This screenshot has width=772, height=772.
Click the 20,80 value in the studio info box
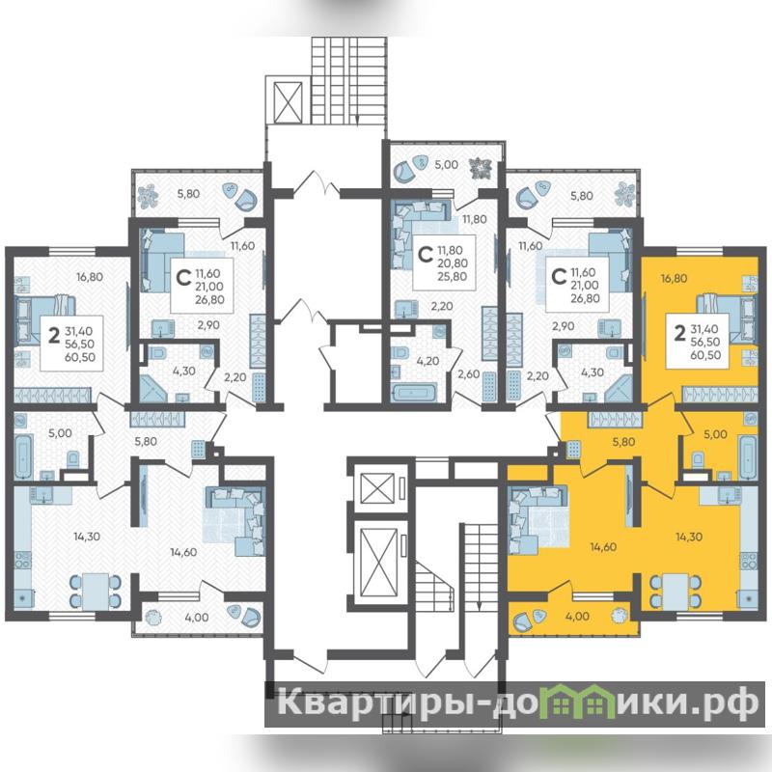pyautogui.click(x=453, y=263)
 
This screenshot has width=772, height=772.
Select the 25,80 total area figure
pyautogui.click(x=453, y=277)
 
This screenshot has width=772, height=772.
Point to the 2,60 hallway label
pyautogui.click(x=468, y=373)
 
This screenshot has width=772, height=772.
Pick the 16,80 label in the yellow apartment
pyautogui.click(x=674, y=278)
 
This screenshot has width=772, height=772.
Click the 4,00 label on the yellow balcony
pyautogui.click(x=578, y=616)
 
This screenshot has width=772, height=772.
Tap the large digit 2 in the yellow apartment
pyautogui.click(x=679, y=334)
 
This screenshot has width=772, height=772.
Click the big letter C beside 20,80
pyautogui.click(x=424, y=255)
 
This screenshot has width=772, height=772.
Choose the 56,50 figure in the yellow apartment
pyautogui.click(x=705, y=342)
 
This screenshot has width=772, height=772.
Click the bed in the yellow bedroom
pyautogui.click(x=726, y=317)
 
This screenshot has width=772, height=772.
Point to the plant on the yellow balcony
pyautogui.click(x=619, y=616)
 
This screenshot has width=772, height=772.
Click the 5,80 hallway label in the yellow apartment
pyautogui.click(x=623, y=442)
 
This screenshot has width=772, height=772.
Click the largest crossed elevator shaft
pyautogui.click(x=378, y=563)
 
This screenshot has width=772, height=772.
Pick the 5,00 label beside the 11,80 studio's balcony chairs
pyautogui.click(x=446, y=164)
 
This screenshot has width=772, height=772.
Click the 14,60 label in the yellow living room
pyautogui.click(x=604, y=546)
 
